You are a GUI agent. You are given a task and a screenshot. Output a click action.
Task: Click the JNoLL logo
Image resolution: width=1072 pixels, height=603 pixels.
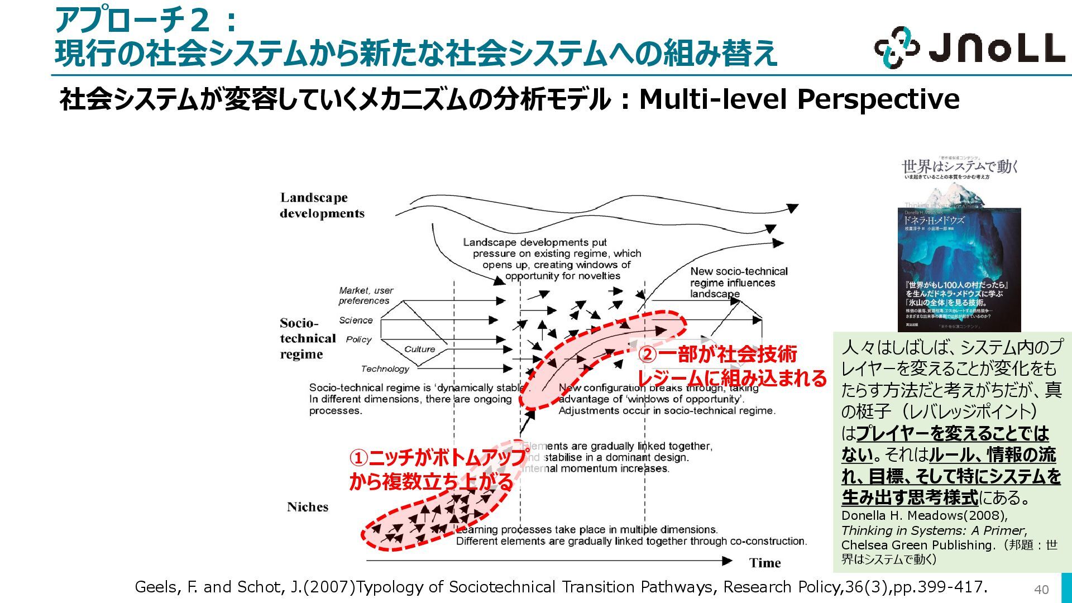point(969,48)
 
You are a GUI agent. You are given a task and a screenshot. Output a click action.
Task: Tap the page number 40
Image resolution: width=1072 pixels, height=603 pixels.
point(1041,590)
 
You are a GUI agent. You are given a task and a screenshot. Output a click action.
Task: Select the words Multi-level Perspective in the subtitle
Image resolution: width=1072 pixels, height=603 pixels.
point(799,99)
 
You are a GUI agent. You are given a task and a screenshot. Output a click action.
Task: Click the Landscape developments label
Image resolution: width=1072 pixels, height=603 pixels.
point(322,205)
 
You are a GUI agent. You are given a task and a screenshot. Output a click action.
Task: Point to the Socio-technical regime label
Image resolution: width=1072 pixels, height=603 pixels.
point(308,338)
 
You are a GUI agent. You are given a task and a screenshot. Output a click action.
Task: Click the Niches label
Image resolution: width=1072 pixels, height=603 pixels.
point(308,507)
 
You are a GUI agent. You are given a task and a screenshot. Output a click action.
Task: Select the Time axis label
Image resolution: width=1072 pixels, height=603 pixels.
point(765,563)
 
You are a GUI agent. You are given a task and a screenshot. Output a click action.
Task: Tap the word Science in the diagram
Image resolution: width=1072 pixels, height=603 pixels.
point(356,320)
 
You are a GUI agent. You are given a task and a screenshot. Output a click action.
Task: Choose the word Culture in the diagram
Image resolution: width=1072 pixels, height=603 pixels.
point(419,350)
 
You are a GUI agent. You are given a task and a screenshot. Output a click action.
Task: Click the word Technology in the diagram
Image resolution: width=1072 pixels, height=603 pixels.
point(385,368)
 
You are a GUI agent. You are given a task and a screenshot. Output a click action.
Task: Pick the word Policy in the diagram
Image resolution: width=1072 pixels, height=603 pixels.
point(358,339)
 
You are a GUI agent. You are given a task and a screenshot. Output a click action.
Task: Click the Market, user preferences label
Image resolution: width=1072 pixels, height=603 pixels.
point(365,295)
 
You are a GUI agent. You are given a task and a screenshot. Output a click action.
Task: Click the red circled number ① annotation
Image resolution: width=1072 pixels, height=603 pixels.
point(358,458)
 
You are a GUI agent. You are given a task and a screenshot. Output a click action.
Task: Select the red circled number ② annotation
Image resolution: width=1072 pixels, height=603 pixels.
point(647,355)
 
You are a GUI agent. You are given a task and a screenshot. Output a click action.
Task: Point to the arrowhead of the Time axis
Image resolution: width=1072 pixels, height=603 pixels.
point(727,561)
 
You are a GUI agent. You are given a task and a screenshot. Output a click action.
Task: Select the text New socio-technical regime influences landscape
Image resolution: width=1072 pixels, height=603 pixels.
point(738,283)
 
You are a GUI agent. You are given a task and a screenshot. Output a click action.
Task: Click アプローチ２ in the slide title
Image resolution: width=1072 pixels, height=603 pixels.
point(132,21)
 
